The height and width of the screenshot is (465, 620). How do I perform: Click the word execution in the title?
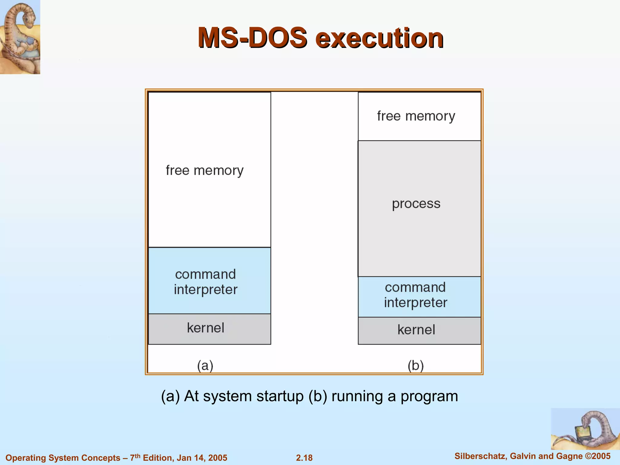pyautogui.click(x=380, y=38)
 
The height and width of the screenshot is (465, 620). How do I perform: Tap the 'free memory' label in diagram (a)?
pyautogui.click(x=205, y=170)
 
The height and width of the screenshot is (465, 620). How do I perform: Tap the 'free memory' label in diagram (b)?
pyautogui.click(x=416, y=116)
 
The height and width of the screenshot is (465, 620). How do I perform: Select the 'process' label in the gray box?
pyautogui.click(x=416, y=204)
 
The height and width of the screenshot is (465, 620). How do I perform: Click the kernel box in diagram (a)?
pyautogui.click(x=209, y=329)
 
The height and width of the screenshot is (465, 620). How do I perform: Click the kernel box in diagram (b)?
pyautogui.click(x=419, y=331)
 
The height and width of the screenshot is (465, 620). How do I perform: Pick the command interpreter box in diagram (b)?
pyautogui.click(x=419, y=296)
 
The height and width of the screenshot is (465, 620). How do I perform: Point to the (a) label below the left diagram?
pyautogui.click(x=205, y=366)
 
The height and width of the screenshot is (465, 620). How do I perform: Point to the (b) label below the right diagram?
pyautogui.click(x=416, y=366)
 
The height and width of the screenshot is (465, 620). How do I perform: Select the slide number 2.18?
pyautogui.click(x=304, y=458)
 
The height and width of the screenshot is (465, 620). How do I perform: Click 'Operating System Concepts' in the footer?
pyautogui.click(x=63, y=458)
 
